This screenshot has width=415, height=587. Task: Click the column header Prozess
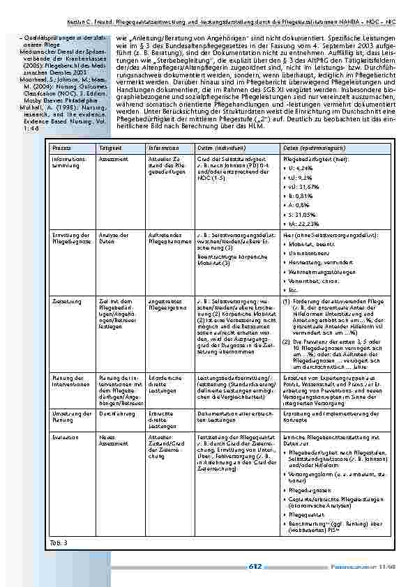[61, 149]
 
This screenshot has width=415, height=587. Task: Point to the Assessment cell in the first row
[114, 159]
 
